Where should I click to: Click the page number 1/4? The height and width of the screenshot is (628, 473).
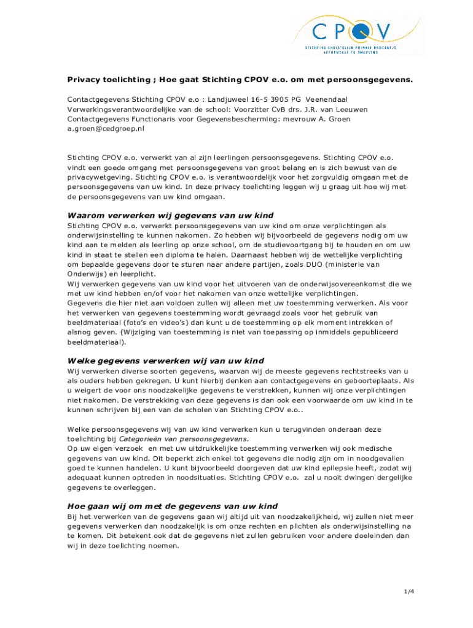409,591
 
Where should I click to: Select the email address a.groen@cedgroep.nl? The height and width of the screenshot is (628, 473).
106,129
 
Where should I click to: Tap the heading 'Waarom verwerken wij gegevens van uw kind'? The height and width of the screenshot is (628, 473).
170,215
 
